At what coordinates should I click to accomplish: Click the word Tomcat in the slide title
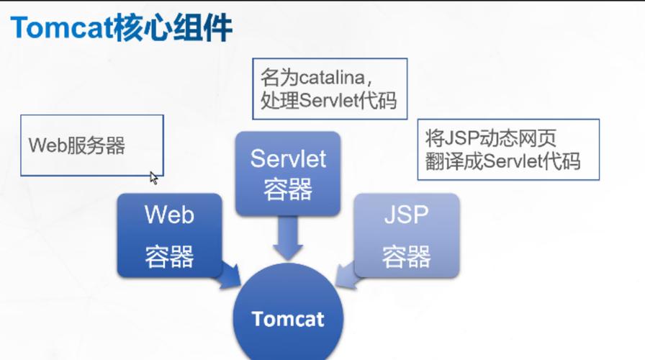[59, 28]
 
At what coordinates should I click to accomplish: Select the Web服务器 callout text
[77, 145]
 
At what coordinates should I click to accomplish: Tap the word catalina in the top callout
[335, 76]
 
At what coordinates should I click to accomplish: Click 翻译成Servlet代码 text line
[502, 161]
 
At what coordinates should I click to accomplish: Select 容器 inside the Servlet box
[288, 189]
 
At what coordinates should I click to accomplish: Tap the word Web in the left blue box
[169, 215]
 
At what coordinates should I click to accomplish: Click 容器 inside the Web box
[169, 256]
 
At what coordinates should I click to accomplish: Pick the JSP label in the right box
[406, 215]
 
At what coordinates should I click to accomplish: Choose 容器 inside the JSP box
[406, 256]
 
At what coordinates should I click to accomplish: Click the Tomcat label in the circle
[288, 319]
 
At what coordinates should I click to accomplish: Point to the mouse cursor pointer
[153, 177]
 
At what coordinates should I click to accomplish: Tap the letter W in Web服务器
[35, 145]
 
